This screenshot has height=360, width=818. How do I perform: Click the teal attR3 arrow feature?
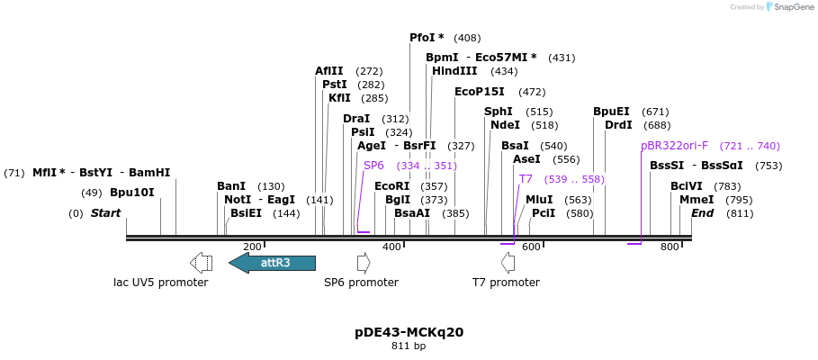[273, 263]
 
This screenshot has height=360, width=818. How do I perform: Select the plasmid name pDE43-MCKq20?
[409, 332]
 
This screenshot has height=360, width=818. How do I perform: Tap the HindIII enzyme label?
[455, 71]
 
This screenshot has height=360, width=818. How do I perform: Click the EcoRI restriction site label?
[391, 186]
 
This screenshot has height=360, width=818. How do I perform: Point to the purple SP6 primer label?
[373, 166]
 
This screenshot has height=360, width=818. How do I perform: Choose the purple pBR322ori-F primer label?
[674, 146]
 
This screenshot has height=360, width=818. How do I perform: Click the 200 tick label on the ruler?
[252, 247]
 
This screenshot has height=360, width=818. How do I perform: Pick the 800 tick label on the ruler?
[669, 247]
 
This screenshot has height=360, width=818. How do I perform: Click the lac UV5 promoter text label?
[160, 283]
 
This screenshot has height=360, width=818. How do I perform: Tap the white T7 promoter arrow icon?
[508, 263]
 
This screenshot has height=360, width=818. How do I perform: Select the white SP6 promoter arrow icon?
[364, 263]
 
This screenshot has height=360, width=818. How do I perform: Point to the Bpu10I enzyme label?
[132, 193]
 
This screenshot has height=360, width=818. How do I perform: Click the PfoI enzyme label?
[427, 38]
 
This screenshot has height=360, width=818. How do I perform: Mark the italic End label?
[702, 213]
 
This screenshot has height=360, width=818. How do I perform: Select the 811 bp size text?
[409, 346]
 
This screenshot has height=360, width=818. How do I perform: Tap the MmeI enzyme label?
[697, 200]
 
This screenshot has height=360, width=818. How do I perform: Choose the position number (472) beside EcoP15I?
[532, 92]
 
